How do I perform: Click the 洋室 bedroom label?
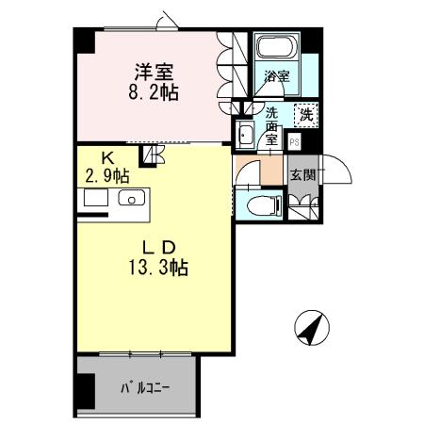153,70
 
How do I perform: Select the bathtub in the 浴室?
276,50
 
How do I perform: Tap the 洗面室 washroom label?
272,123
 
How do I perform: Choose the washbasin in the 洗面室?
246,133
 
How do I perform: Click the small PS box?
295,143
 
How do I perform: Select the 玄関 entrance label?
302,174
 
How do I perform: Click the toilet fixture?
263,205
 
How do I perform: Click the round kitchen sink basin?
130,199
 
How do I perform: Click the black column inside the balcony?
86,388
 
